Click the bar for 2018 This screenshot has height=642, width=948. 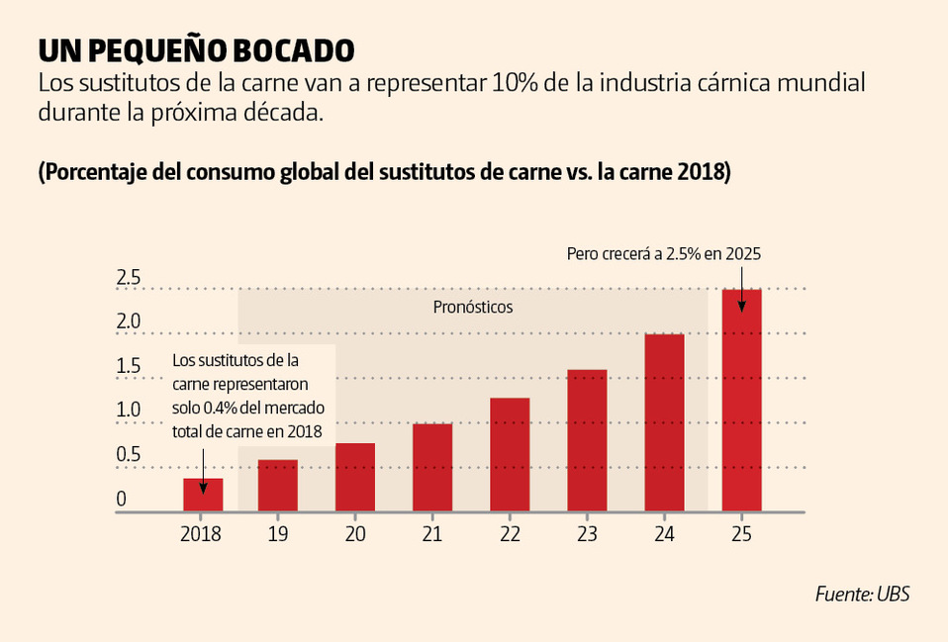click(x=202, y=495)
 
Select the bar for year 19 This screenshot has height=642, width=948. click(x=278, y=486)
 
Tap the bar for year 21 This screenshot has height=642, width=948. click(x=432, y=468)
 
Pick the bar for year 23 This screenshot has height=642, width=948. click(x=587, y=440)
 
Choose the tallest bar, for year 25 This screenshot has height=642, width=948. click(x=741, y=401)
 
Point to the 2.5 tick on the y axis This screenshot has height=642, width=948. click(x=129, y=278)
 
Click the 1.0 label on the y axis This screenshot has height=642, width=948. click(x=129, y=410)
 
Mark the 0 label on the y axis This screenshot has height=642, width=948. click(x=122, y=499)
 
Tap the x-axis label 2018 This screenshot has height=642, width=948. click(x=201, y=534)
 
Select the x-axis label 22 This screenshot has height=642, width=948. click(x=510, y=534)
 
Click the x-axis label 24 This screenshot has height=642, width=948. click(x=664, y=534)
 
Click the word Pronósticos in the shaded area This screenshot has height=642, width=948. click(x=473, y=307)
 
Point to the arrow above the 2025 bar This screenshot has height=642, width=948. click(x=741, y=275)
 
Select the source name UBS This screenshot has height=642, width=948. click(x=892, y=595)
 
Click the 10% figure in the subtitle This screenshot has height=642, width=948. click(x=514, y=83)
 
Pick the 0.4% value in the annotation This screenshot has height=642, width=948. click(x=247, y=408)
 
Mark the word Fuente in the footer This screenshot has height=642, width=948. click(x=843, y=595)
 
